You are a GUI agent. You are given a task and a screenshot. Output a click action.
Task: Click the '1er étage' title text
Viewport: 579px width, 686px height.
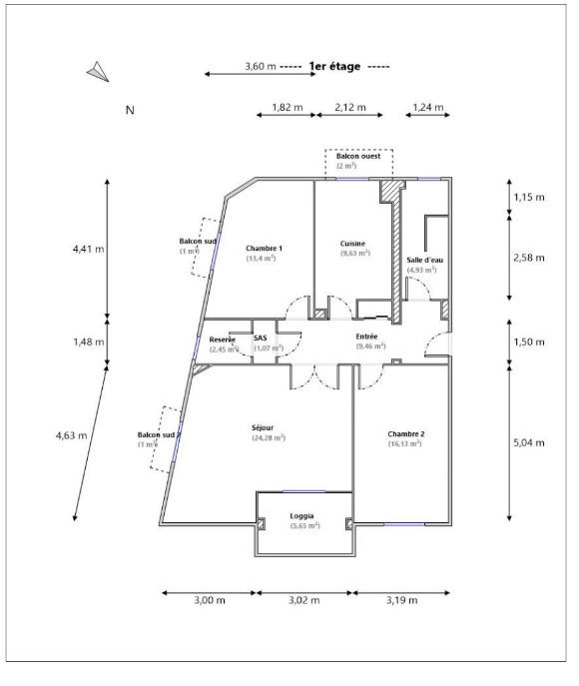[335, 67]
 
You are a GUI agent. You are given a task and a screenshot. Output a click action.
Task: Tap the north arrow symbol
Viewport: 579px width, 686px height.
[97, 71]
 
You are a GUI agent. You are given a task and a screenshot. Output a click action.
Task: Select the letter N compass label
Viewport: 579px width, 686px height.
[129, 111]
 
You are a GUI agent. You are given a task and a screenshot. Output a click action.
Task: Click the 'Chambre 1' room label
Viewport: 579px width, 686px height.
[264, 248]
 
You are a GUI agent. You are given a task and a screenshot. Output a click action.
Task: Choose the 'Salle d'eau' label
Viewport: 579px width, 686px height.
[425, 260]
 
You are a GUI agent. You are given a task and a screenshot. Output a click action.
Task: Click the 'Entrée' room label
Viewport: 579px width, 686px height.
[367, 338]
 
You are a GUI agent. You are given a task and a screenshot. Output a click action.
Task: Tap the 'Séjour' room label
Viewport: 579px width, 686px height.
[264, 427]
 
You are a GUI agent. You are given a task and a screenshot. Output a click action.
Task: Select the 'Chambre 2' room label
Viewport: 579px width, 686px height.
[406, 433]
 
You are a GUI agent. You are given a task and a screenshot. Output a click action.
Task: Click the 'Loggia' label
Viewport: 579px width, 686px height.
[303, 516]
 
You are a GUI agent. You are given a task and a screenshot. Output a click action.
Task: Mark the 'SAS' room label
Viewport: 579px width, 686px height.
[261, 339]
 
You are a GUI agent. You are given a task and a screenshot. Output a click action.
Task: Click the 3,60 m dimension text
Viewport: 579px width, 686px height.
[260, 67]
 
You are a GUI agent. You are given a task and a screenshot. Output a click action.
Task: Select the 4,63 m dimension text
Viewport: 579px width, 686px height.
[71, 434]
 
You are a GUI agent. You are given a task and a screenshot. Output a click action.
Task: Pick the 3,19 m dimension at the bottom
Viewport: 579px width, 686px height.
[402, 600]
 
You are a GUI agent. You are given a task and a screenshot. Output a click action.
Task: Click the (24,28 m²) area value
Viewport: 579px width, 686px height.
[269, 437]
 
